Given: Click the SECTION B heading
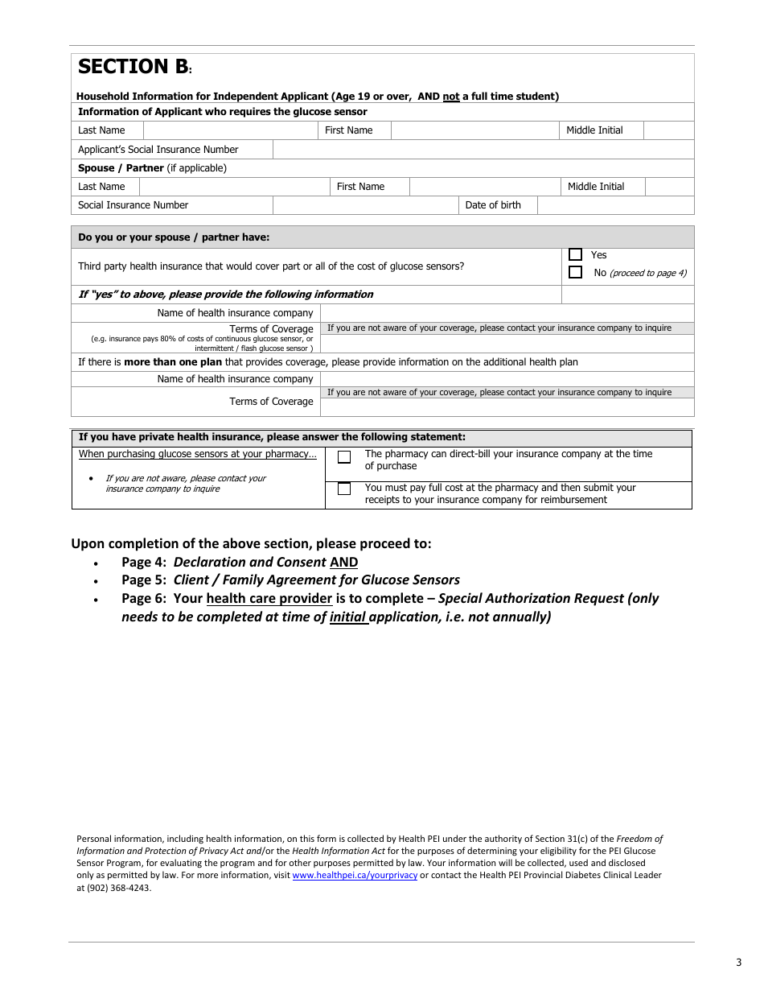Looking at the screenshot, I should [133, 67].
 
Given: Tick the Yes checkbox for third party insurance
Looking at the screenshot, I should [575, 254].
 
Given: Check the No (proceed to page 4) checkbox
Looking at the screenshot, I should [575, 272].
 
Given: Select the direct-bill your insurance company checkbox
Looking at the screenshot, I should [344, 457].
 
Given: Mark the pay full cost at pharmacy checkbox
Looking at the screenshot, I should [344, 489].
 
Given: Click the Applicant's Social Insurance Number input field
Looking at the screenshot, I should [483, 150].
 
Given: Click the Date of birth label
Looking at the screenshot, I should [492, 205].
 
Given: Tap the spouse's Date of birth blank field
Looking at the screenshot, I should [614, 205].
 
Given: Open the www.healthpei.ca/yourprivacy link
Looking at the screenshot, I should [355, 875].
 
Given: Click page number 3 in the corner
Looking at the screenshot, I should [738, 963].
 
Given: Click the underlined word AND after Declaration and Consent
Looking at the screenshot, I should [343, 563].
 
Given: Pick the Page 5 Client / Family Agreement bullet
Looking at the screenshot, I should [290, 580].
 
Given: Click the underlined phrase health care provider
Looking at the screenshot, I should [269, 599].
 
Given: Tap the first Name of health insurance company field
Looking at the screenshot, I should [507, 313].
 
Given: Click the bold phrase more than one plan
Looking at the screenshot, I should [173, 362].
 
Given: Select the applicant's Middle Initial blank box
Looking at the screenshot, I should [668, 130].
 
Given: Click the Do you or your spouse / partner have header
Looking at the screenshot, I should [174, 237].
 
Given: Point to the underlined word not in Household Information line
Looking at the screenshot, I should [451, 97].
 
